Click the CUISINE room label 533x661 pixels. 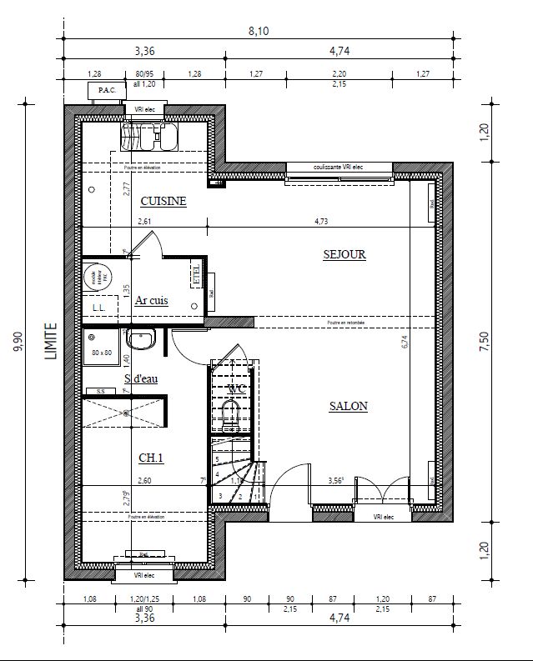[163, 201]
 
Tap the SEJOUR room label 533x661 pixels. [344, 254]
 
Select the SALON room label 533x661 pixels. [348, 406]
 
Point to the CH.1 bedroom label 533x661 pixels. [151, 457]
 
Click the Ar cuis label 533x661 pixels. [152, 300]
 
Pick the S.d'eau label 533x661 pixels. [142, 378]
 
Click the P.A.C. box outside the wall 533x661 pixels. [106, 90]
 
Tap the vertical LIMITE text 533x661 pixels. [52, 343]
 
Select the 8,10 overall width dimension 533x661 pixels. [259, 32]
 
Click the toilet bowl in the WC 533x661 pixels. [231, 413]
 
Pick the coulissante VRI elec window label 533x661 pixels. [339, 167]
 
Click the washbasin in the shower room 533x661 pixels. [141, 339]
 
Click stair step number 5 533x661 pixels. [217, 459]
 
